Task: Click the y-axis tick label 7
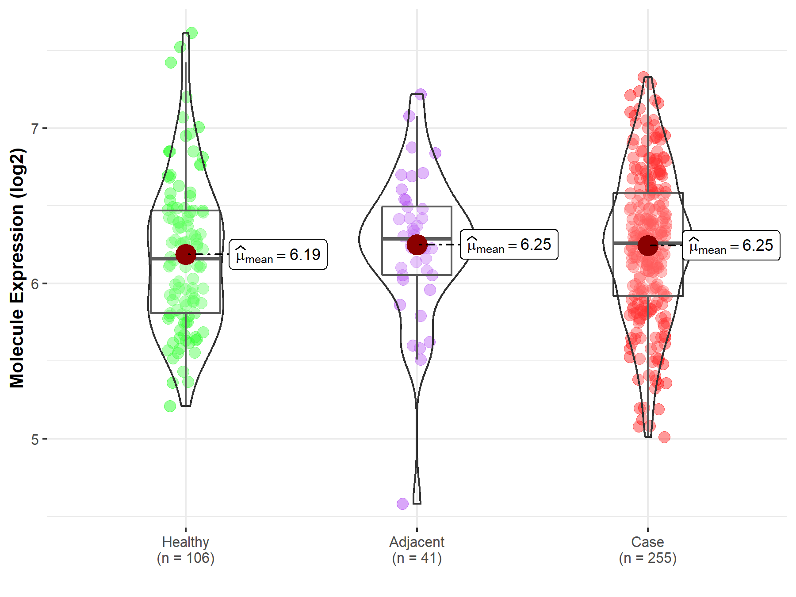pyautogui.click(x=34, y=129)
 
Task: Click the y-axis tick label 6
pyautogui.click(x=34, y=284)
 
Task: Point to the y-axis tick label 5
pyautogui.click(x=34, y=440)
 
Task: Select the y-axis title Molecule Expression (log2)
pyautogui.click(x=17, y=268)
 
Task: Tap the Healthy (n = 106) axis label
pyautogui.click(x=185, y=550)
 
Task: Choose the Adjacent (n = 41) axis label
pyautogui.click(x=417, y=550)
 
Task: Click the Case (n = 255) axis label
pyautogui.click(x=647, y=550)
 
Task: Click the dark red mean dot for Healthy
pyautogui.click(x=186, y=254)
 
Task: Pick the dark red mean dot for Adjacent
pyautogui.click(x=417, y=245)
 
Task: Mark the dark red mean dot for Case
pyautogui.click(x=648, y=245)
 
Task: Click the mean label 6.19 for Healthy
pyautogui.click(x=278, y=255)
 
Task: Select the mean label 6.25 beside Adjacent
pyautogui.click(x=509, y=245)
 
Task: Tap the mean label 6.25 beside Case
pyautogui.click(x=731, y=245)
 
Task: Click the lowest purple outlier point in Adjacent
pyautogui.click(x=402, y=504)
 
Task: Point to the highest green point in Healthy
pyautogui.click(x=192, y=33)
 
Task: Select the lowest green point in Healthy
pyautogui.click(x=170, y=406)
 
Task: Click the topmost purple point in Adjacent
pyautogui.click(x=421, y=94)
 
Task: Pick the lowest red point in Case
pyautogui.click(x=664, y=437)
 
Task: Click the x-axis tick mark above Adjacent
pyautogui.click(x=417, y=529)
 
